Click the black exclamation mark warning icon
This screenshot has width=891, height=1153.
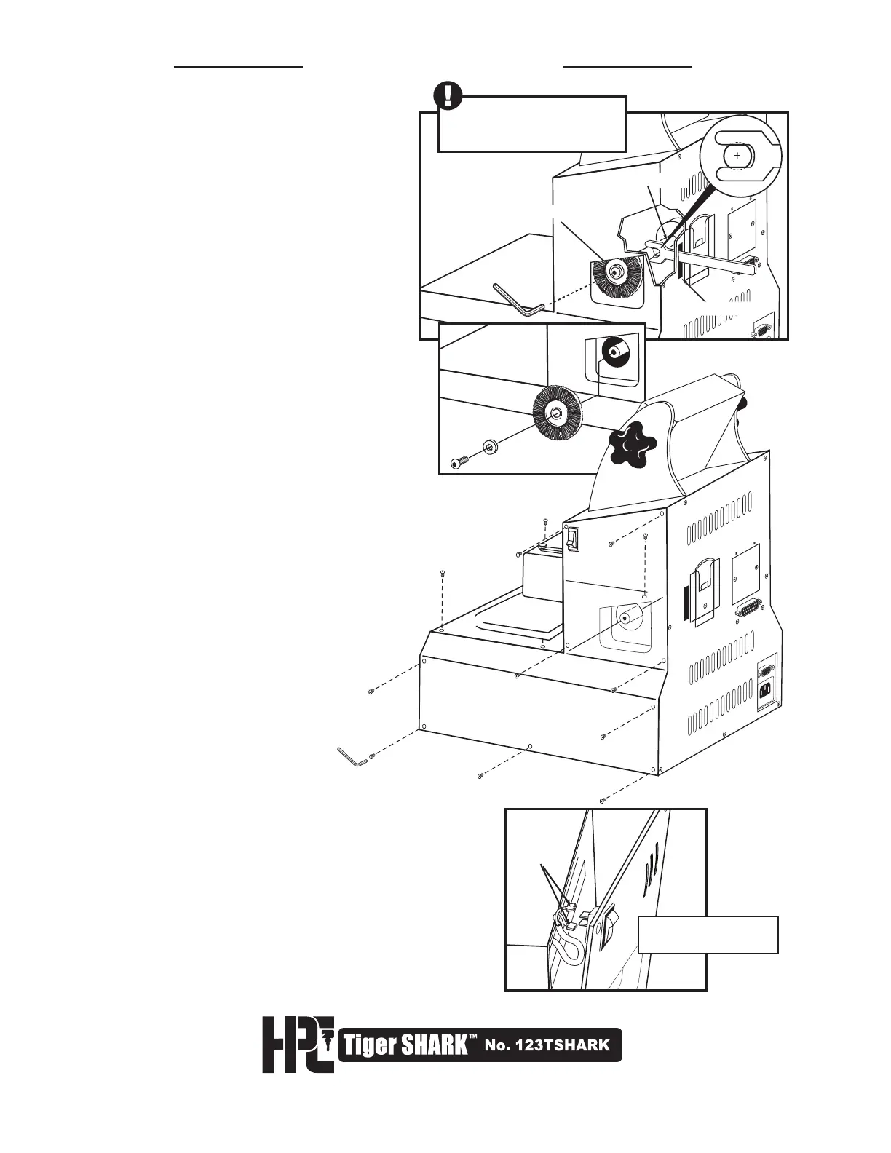pyautogui.click(x=448, y=95)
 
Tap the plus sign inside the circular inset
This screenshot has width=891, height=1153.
pyautogui.click(x=737, y=156)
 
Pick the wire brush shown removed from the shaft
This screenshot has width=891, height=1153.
pyautogui.click(x=557, y=413)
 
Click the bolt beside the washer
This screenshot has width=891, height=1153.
pyautogui.click(x=458, y=463)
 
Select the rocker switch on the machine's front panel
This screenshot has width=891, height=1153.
pyautogui.click(x=574, y=539)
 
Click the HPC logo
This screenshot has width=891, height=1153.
pyautogui.click(x=298, y=1045)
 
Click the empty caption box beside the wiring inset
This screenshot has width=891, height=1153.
pyautogui.click(x=708, y=935)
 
